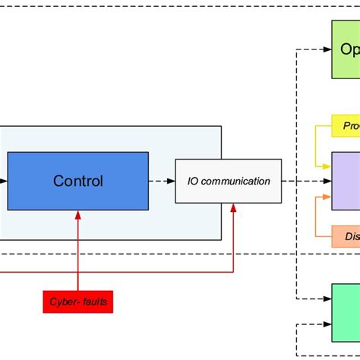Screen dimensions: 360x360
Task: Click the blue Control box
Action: [x=77, y=181]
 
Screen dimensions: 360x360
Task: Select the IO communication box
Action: [x=228, y=181]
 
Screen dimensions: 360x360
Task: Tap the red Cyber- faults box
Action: [x=78, y=302]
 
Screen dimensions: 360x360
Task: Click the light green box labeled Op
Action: [x=346, y=49]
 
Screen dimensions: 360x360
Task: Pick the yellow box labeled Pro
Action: [x=346, y=125]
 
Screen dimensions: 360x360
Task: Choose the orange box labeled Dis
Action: [x=346, y=236]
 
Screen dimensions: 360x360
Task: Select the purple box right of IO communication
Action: [x=346, y=181]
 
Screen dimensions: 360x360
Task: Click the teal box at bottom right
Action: [x=346, y=313]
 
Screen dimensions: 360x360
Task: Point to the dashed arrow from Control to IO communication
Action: [x=161, y=181]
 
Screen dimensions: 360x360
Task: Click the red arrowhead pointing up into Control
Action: [x=77, y=215]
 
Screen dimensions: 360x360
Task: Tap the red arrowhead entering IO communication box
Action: [x=233, y=207]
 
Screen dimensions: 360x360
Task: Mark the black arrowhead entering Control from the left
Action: [x=4, y=181]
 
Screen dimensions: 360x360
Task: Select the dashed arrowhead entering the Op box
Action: [x=327, y=49]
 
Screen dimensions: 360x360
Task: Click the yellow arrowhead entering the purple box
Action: [x=327, y=166]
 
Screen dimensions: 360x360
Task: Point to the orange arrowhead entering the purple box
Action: [x=327, y=196]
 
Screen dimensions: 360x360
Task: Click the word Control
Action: [x=77, y=181]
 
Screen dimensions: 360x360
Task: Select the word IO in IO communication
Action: [x=192, y=181]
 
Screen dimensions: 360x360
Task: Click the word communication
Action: [x=235, y=181]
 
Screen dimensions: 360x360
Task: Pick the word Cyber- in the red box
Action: [x=64, y=302]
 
